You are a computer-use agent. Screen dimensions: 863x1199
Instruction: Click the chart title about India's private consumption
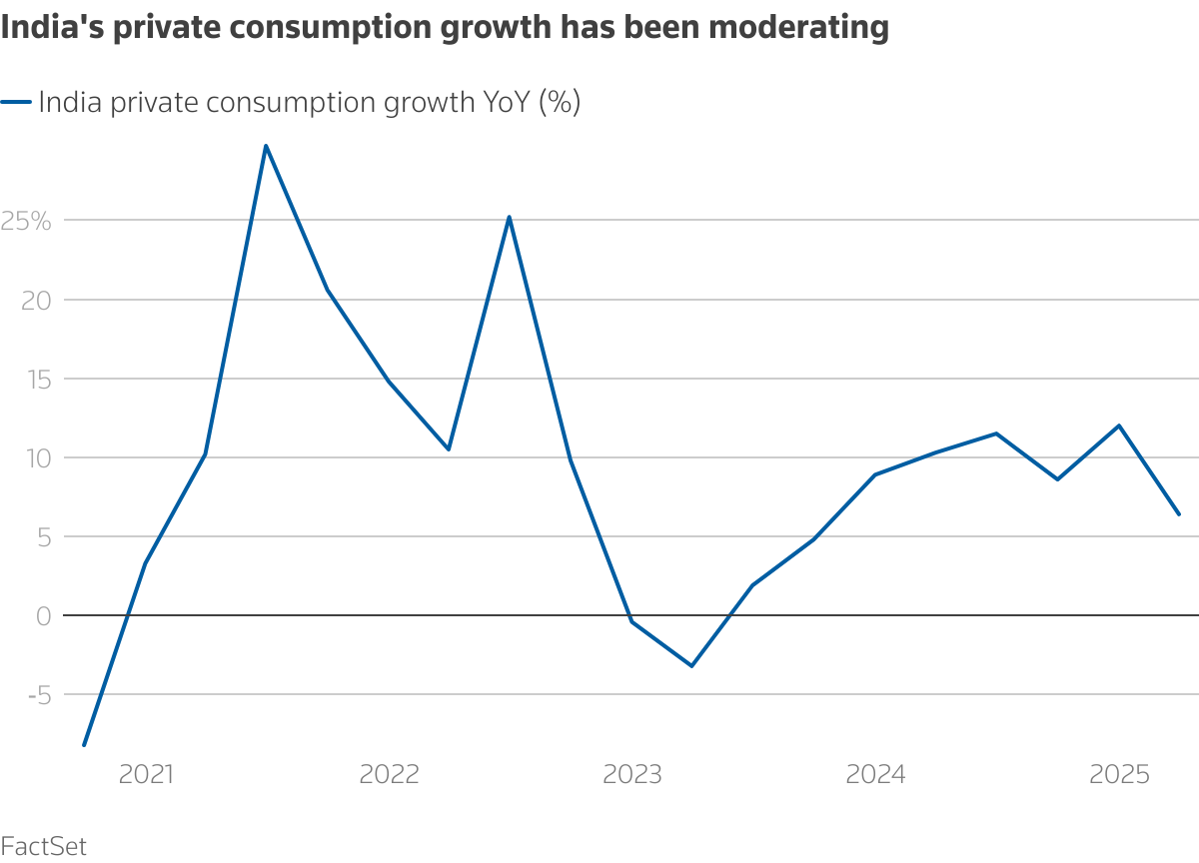click(445, 28)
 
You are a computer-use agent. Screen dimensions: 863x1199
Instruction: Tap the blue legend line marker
click(16, 102)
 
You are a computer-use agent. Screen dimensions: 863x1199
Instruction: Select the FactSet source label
click(43, 847)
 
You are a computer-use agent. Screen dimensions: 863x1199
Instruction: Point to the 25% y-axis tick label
click(26, 221)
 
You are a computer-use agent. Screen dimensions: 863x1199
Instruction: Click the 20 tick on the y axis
click(36, 300)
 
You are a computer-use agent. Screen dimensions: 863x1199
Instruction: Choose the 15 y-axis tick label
click(37, 379)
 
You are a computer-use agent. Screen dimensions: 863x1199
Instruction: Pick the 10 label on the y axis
click(37, 457)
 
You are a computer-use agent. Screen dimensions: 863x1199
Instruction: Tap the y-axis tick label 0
click(43, 615)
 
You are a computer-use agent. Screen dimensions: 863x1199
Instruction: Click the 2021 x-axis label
click(146, 774)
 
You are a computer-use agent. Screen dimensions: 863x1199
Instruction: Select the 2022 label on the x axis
click(390, 774)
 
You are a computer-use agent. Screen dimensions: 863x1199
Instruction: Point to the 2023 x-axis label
click(632, 774)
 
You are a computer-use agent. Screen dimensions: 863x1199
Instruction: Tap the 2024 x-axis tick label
click(875, 774)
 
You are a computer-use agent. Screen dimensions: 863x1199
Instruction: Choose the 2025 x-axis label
click(1119, 774)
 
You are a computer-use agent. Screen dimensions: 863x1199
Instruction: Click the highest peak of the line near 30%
click(266, 146)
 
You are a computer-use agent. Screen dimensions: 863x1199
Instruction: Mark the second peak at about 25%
click(510, 217)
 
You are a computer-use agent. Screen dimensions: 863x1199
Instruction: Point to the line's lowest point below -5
click(84, 745)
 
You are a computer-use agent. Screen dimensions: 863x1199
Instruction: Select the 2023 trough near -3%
click(691, 665)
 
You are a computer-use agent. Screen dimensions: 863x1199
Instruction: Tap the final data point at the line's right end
click(1179, 514)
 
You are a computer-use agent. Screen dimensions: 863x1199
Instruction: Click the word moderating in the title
click(788, 28)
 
